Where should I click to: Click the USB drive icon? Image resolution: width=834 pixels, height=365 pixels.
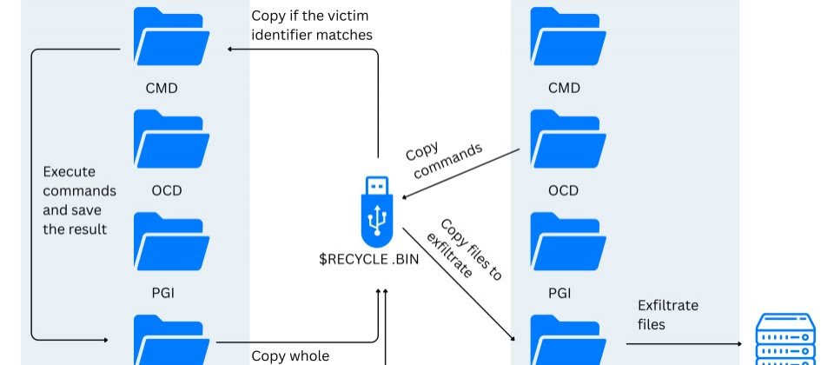[x=376, y=209]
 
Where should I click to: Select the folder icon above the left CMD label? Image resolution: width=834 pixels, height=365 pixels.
[x=169, y=39]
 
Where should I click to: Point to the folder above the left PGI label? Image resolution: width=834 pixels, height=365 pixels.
[x=169, y=242]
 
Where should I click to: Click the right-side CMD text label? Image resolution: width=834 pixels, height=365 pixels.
[x=564, y=88]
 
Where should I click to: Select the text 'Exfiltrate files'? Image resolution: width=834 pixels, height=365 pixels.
[x=668, y=315]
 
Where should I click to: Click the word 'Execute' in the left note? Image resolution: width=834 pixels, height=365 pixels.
[x=69, y=172]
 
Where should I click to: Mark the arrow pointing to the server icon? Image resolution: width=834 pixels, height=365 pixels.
[x=686, y=344]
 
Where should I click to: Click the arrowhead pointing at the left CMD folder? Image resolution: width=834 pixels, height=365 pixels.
[x=230, y=50]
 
